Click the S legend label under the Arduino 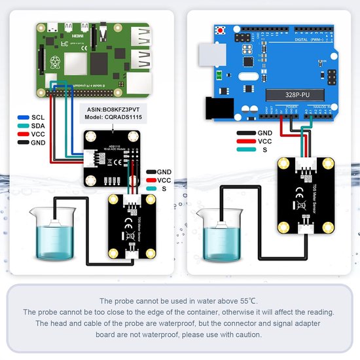264,150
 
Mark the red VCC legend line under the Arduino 246,141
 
